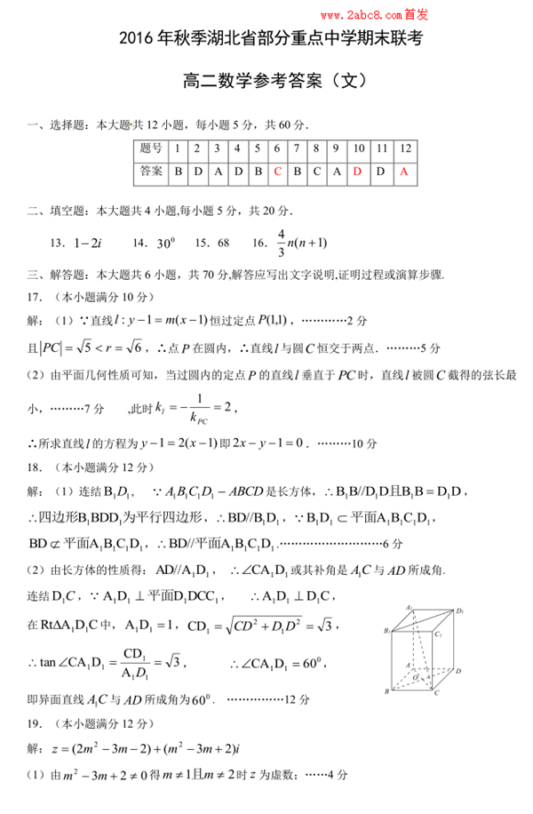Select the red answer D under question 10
click(x=357, y=171)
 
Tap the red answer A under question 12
click(x=404, y=171)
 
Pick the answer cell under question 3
click(x=218, y=171)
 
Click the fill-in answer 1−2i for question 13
click(x=89, y=242)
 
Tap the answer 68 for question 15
click(x=223, y=242)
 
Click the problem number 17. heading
click(x=36, y=297)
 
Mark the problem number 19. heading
click(x=36, y=724)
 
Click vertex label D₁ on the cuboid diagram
click(x=459, y=611)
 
